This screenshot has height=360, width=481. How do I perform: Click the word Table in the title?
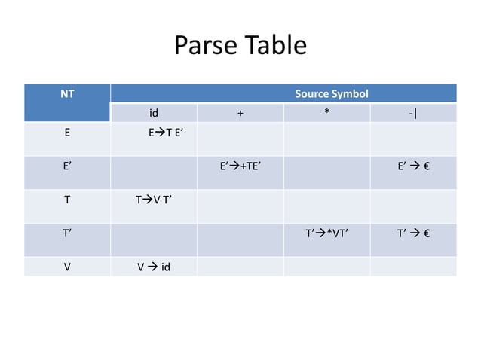274,47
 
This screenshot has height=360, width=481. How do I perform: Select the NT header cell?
67,95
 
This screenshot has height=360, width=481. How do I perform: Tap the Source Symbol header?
332,95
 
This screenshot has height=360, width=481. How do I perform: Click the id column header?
153,114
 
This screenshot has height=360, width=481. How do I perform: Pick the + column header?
240,114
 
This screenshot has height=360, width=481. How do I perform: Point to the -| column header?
412,114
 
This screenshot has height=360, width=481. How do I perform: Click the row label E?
67,133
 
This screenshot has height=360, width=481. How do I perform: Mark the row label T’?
67,233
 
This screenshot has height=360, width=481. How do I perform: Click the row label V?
67,266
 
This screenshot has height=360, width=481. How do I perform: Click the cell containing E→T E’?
166,133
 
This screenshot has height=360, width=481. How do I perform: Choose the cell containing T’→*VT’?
326,233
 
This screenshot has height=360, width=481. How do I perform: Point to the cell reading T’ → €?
413,233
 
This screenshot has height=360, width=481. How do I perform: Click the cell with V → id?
153,266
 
